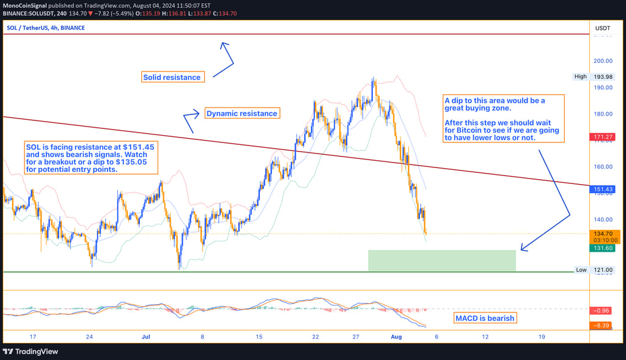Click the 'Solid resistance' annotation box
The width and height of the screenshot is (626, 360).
(x=172, y=78)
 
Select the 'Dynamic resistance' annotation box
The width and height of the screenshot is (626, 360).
(x=242, y=114)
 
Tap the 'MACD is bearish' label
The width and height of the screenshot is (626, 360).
(x=485, y=318)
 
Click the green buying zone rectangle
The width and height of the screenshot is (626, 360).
(x=441, y=260)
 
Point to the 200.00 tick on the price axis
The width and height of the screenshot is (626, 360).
(x=603, y=61)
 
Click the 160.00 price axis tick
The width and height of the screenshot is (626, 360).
(x=603, y=166)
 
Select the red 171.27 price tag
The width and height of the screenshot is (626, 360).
(x=603, y=136)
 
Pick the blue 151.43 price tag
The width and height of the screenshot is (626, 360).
(x=603, y=190)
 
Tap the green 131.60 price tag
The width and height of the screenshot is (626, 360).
(x=603, y=248)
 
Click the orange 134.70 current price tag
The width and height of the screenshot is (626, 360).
(x=603, y=234)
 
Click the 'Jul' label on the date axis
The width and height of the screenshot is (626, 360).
(x=146, y=337)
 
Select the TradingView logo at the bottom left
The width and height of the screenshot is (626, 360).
(x=31, y=352)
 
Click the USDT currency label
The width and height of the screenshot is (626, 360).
(x=603, y=28)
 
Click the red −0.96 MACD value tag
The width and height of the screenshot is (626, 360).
(x=603, y=310)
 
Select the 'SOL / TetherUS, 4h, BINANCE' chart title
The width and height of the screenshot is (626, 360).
(x=46, y=28)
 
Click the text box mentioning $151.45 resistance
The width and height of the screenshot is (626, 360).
(x=90, y=158)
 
